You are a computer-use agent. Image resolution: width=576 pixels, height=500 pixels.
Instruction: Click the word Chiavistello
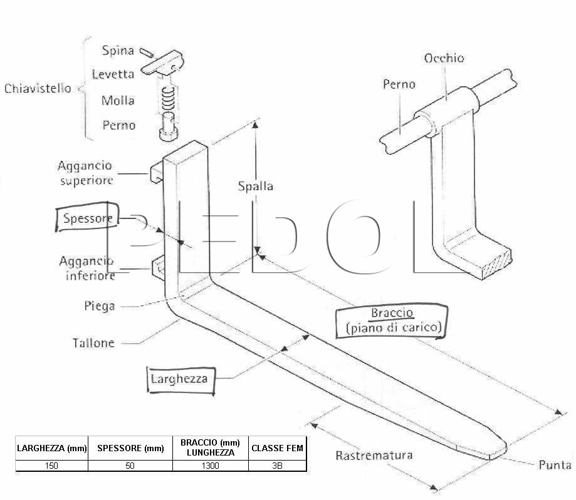pyautogui.click(x=38, y=88)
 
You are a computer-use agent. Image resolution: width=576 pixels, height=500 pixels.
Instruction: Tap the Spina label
pyautogui.click(x=118, y=50)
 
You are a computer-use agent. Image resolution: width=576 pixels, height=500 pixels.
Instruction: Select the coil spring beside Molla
pyautogui.click(x=168, y=98)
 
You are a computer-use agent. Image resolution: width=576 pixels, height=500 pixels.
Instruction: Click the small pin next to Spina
pyautogui.click(x=147, y=53)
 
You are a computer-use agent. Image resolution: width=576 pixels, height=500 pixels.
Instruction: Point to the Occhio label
pyautogui.click(x=444, y=58)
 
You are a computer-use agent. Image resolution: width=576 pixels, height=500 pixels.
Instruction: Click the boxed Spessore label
pyautogui.click(x=87, y=218)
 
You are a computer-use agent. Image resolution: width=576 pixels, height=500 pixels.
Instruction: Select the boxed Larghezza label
pyautogui.click(x=181, y=380)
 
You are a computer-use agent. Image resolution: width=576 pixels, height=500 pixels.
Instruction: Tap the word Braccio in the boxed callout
pyautogui.click(x=392, y=313)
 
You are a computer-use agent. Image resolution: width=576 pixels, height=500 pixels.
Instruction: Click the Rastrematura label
pyautogui.click(x=374, y=455)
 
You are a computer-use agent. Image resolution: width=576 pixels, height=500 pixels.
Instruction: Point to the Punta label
pyautogui.click(x=555, y=465)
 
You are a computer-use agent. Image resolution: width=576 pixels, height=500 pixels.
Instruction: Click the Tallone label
pyautogui.click(x=93, y=343)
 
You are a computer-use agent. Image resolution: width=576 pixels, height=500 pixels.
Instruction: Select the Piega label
pyautogui.click(x=100, y=306)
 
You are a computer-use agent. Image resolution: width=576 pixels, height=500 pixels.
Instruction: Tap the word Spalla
pyautogui.click(x=255, y=186)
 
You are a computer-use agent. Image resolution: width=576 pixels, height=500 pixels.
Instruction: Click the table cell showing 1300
pyautogui.click(x=210, y=466)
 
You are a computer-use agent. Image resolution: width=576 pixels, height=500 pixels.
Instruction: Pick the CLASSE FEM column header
pyautogui.click(x=278, y=448)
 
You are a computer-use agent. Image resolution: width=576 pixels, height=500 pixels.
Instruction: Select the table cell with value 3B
pyautogui.click(x=278, y=466)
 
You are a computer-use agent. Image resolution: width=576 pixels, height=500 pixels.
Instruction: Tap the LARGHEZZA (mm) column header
pyautogui.click(x=52, y=448)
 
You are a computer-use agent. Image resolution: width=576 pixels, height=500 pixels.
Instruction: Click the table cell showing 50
pyautogui.click(x=130, y=466)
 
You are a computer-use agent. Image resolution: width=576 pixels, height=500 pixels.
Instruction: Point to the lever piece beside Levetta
pyautogui.click(x=162, y=63)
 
